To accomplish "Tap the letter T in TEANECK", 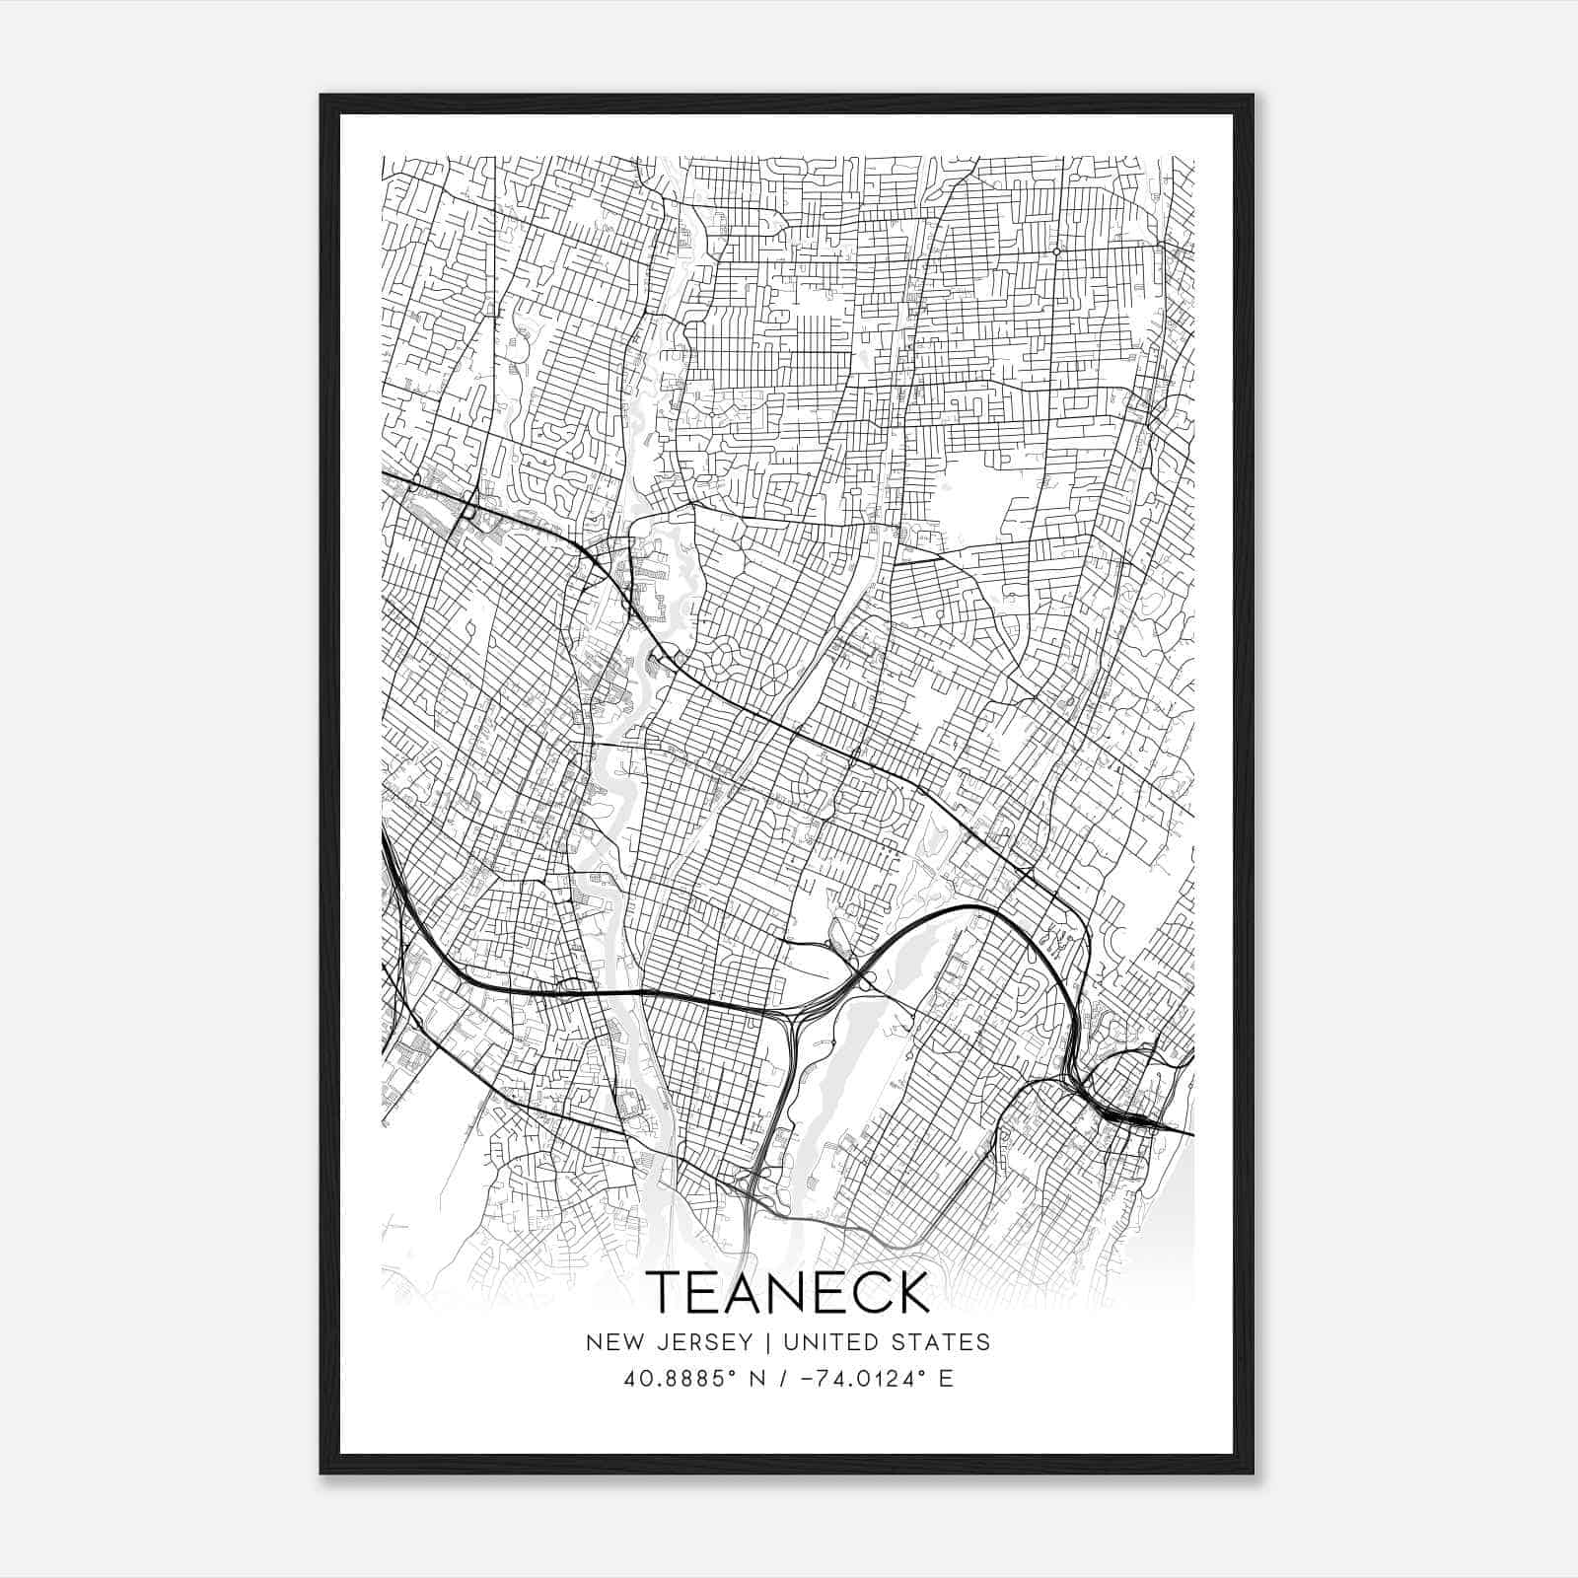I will coord(665,1293).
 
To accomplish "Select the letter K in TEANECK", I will coord(912,1293).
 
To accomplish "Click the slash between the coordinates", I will coord(782,1379).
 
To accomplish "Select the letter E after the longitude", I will coord(945,1379).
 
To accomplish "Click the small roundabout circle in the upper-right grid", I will coord(1056,251).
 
